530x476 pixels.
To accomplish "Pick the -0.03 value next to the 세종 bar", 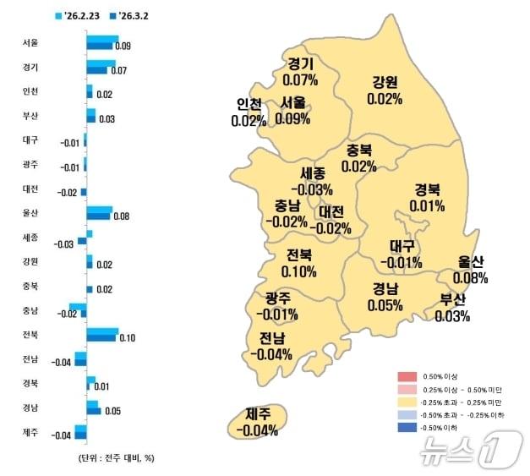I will pyautogui.click(x=64, y=243).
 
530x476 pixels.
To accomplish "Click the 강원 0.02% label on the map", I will pyautogui.click(x=383, y=90).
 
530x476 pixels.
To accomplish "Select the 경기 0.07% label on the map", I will pyautogui.click(x=301, y=73).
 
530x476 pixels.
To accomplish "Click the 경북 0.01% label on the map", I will pyautogui.click(x=427, y=197).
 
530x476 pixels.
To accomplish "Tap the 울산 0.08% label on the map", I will pyautogui.click(x=470, y=270).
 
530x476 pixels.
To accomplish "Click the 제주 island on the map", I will pyautogui.click(x=258, y=421).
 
